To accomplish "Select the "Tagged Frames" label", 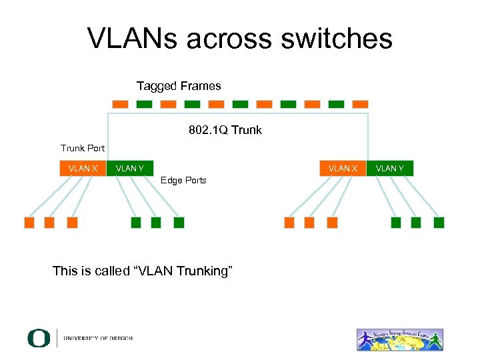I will coord(179,86).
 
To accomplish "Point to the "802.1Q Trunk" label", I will coord(225,130).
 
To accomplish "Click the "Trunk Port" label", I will coord(83,148).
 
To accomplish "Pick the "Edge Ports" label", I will coord(183,180).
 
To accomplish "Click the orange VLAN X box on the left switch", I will coord(83,169).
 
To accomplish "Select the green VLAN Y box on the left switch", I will coord(130,169).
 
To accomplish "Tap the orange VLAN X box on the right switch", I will coord(343,169).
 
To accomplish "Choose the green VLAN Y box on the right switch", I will coord(390,169).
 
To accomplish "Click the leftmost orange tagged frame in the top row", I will coord(120,105).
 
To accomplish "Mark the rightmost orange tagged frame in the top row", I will coord(360,105).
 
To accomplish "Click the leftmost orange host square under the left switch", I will coord(29,223).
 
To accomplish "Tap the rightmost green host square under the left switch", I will coord(179,223).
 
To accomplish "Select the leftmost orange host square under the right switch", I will coord(289,223).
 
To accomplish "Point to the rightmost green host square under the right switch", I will coord(439,223).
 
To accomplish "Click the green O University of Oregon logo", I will coord(39,338).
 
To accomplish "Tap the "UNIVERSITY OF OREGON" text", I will coord(98,339).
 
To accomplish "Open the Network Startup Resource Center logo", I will coord(400,339).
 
